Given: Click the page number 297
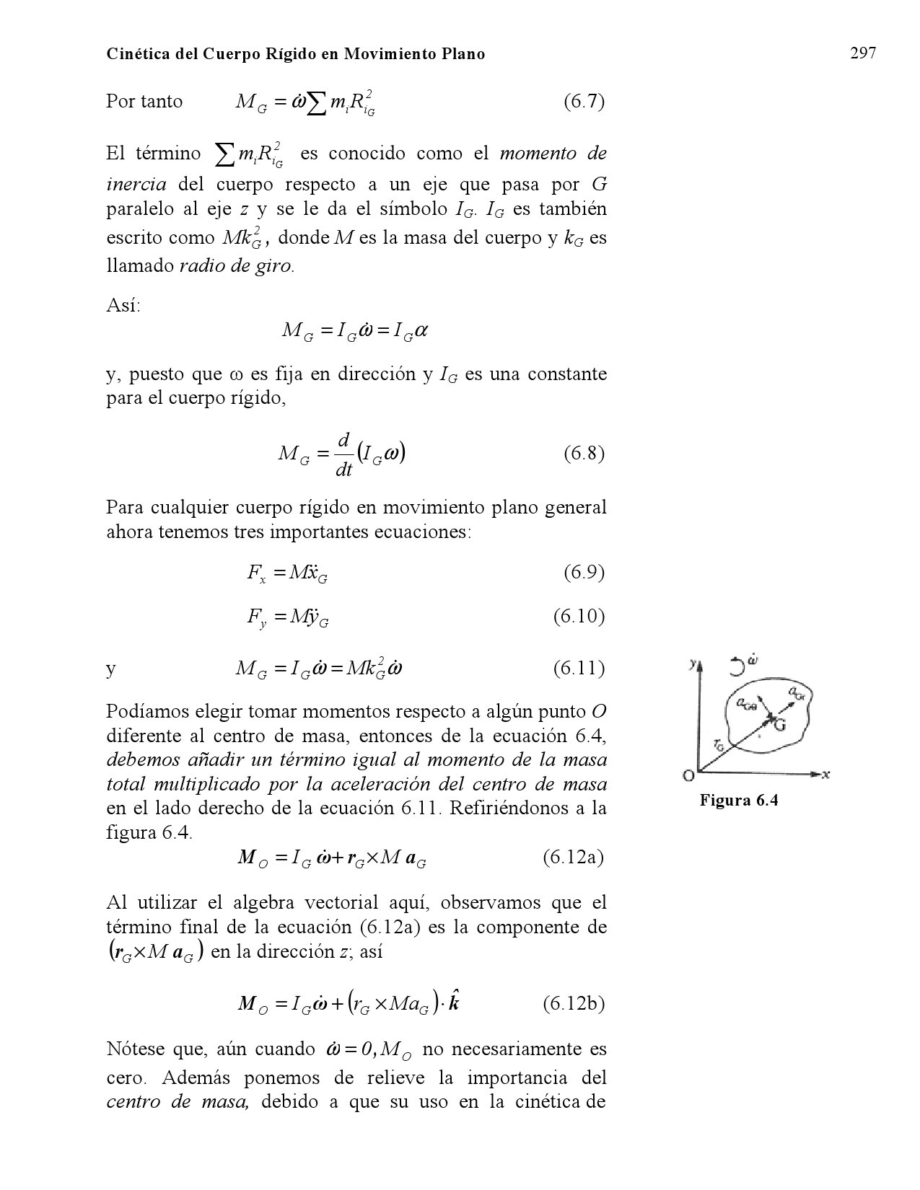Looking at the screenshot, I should tap(862, 53).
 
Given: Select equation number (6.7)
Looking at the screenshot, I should tap(583, 101).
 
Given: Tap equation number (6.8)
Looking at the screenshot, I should tap(583, 454).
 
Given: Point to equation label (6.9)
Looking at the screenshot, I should tap(583, 573).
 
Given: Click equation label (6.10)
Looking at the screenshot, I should tap(579, 617).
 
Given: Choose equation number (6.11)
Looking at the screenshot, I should tap(579, 669).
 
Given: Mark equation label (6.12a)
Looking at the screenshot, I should tap(573, 857).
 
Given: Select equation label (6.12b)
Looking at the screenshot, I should tap(573, 1003).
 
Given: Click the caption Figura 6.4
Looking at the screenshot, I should tap(739, 800).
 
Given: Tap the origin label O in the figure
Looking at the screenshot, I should tap(688, 775).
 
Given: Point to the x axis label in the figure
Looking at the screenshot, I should tap(826, 774).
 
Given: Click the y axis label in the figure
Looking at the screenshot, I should tap(692, 662).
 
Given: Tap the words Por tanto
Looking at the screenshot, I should tap(144, 101).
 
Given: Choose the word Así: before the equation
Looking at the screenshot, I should tap(123, 305).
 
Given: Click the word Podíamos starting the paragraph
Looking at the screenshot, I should tap(146, 712).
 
